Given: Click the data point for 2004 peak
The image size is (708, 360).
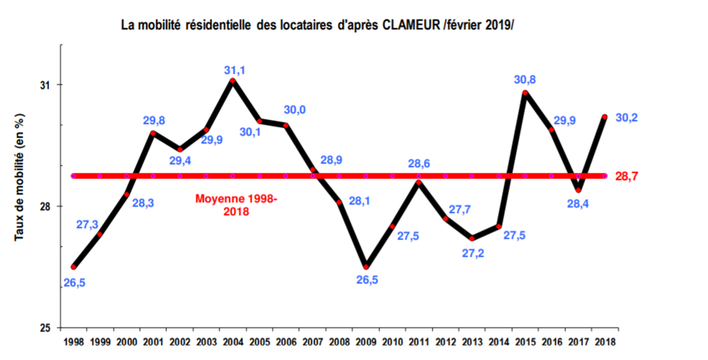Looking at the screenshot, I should point(232,81).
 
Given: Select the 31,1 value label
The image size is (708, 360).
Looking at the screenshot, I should point(234,70).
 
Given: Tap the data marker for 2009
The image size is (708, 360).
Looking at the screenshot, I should point(366,266).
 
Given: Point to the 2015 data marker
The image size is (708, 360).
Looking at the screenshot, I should point(526,93).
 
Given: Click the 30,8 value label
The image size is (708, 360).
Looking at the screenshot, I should point(525,80).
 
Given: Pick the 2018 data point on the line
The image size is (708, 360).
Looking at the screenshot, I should point(605,117).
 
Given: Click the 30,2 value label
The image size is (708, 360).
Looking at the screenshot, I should point(628,117).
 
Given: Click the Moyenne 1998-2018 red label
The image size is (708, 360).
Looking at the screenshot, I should point(237,205).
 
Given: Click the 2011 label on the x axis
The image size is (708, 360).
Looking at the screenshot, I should point(419,342).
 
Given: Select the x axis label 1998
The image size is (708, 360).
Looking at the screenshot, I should point(73,342).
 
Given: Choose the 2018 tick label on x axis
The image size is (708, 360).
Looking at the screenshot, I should point(605,342).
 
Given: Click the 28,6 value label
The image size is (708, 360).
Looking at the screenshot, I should point(419,164).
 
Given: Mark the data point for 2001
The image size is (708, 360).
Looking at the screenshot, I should point(153,133).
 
